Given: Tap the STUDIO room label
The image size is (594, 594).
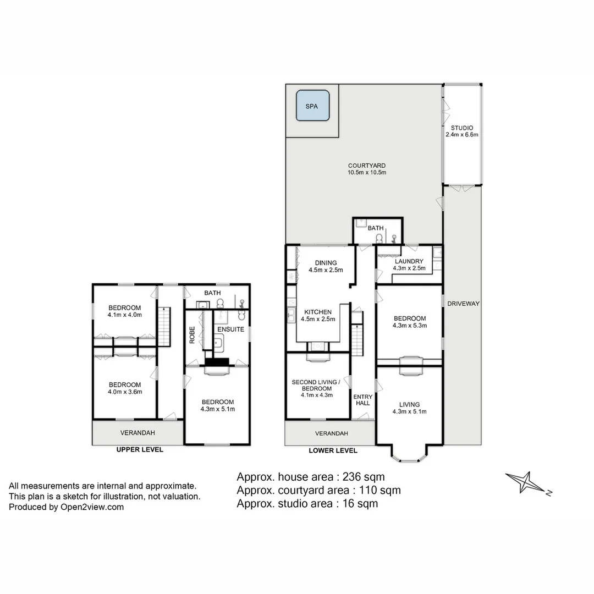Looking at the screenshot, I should click(462, 128).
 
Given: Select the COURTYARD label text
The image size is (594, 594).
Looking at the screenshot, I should click(367, 166).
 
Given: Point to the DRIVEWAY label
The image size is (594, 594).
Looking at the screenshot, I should click(464, 304).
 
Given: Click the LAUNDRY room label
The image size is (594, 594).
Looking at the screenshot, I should click(409, 261).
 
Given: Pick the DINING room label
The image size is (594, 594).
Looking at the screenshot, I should click(326, 263).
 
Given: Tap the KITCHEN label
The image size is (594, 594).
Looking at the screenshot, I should click(318, 312).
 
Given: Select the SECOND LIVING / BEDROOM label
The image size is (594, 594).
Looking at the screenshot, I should click(316, 382).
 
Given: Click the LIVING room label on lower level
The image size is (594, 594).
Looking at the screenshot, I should click(409, 404).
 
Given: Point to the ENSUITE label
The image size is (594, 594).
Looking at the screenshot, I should click(227, 329).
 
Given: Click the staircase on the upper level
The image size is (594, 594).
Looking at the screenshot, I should click(164, 327).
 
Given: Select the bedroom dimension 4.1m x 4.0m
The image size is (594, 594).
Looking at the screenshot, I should click(125, 315).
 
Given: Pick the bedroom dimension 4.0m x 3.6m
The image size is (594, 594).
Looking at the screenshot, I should click(125, 392).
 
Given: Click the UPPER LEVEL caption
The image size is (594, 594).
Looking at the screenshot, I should click(140, 449).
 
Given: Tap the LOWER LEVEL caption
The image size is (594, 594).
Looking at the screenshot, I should click(333, 450).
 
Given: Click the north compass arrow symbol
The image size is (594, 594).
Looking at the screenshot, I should click(526, 482).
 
